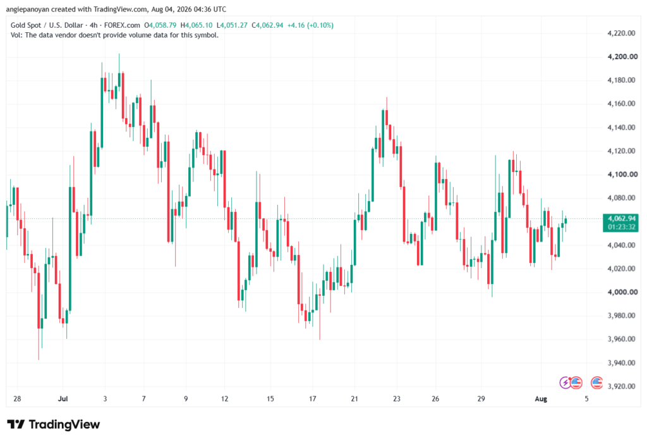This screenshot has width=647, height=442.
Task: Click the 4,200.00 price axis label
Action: pos(622,56)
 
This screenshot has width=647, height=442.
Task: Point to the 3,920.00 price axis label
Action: pos(621,386)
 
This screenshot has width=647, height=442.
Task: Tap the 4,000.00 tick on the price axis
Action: pos(622,292)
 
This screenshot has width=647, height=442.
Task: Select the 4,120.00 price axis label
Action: pos(621,150)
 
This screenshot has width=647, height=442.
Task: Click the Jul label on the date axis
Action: pos(63,398)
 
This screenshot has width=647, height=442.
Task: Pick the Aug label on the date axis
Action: pos(541,398)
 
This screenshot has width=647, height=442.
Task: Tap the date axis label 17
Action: pos(312,398)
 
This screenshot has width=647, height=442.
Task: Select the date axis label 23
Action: pos(396,398)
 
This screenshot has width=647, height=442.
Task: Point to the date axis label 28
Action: pos(17,398)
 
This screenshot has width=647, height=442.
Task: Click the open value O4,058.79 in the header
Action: pos(160,25)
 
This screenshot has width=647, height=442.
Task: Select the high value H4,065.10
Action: pos(197,25)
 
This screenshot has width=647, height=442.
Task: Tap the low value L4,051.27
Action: pos(232,25)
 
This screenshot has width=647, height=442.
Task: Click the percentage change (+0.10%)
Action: pos(320,25)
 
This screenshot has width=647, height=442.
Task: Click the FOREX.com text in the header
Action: pos(122,25)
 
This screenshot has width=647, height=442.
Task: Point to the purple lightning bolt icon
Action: pos(564,383)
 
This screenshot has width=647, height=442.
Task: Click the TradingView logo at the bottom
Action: pos(54,424)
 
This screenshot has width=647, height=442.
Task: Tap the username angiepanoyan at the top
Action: pos(28,9)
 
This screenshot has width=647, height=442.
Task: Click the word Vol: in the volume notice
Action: pos(17,35)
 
